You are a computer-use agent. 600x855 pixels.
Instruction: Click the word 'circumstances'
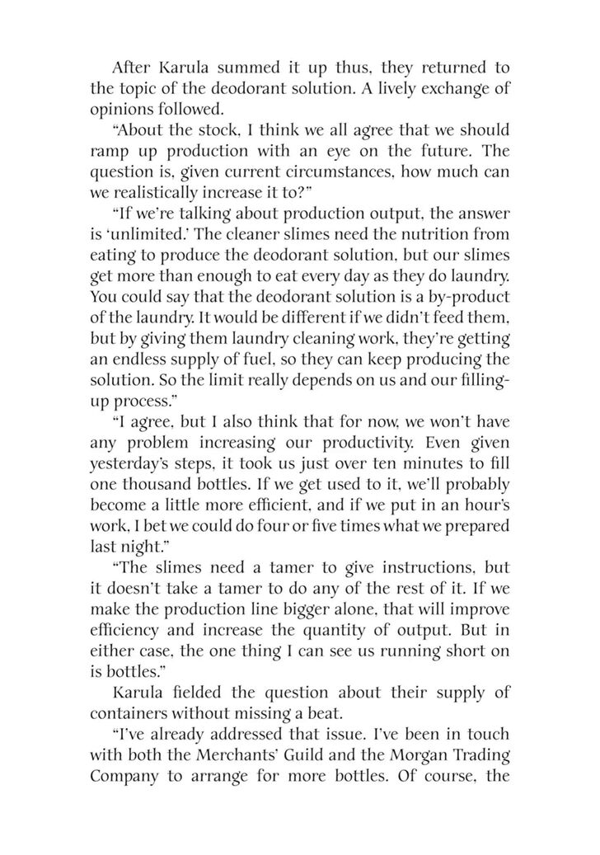click(x=323, y=176)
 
